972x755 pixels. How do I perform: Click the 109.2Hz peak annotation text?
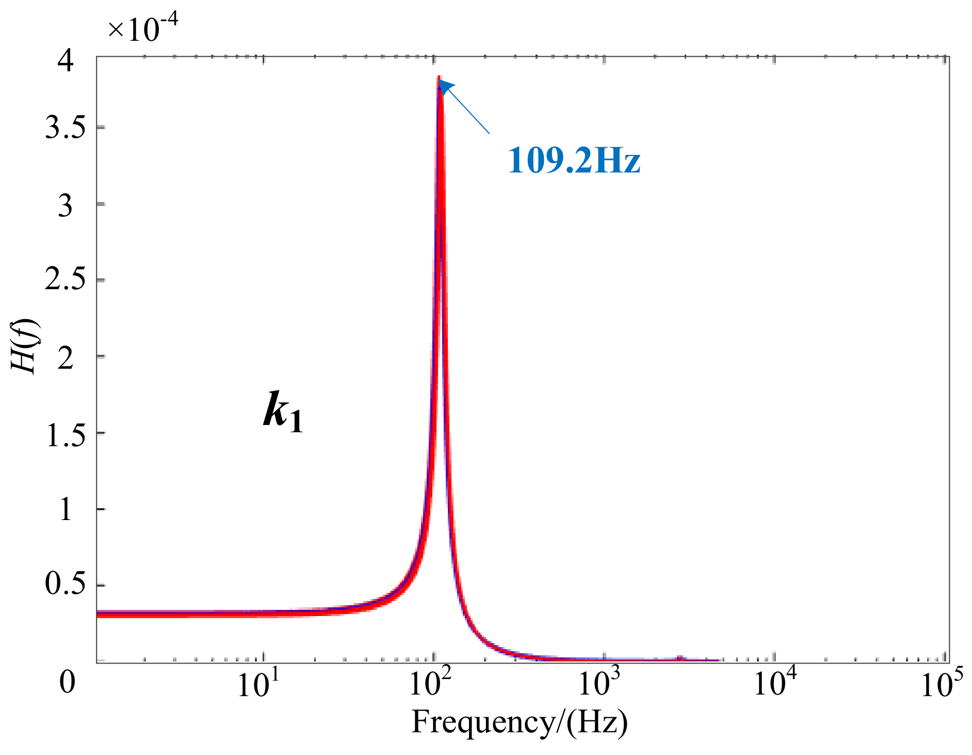click(x=574, y=161)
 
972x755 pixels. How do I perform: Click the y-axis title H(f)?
click(x=24, y=347)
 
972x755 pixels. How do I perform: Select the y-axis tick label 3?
click(x=66, y=206)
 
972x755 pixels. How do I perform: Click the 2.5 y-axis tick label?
click(x=66, y=280)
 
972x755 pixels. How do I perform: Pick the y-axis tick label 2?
click(x=66, y=357)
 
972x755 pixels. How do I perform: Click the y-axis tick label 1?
click(x=66, y=510)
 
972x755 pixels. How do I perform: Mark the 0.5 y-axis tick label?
click(x=66, y=585)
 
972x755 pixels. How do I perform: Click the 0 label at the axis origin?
click(x=67, y=683)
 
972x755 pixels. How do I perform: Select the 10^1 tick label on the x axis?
click(x=258, y=685)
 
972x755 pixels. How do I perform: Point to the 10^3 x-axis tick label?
click(x=601, y=685)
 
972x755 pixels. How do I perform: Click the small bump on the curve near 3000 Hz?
click(x=680, y=657)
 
